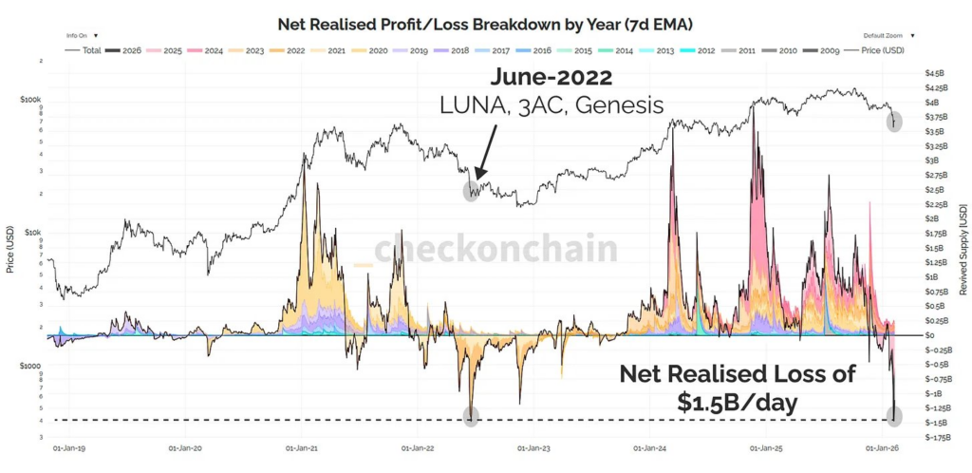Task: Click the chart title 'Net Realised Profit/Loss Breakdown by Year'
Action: click(x=486, y=22)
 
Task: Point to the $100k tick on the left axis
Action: click(x=31, y=99)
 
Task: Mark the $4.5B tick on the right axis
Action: click(x=936, y=73)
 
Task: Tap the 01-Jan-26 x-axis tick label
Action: click(x=882, y=445)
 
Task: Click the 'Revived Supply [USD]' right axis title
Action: click(x=963, y=249)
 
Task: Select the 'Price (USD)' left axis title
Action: click(x=9, y=250)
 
